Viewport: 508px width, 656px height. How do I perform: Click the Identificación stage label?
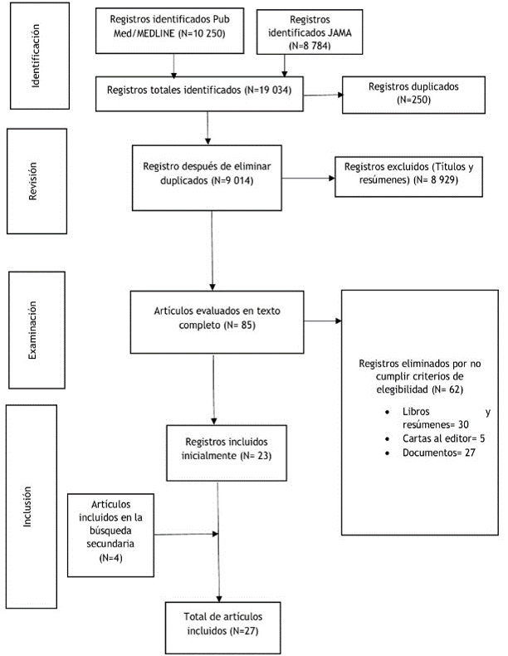tap(36, 56)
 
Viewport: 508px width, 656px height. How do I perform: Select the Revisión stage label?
tap(32, 181)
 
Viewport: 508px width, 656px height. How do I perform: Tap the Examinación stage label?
tap(32, 330)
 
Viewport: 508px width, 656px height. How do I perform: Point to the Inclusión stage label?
tap(27, 507)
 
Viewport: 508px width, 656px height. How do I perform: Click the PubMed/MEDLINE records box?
tap(170, 30)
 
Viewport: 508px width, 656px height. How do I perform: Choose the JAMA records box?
tap(310, 32)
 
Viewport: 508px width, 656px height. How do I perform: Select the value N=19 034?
tap(268, 90)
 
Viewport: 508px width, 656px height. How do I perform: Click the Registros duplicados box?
tap(413, 95)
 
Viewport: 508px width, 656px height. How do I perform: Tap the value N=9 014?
tap(232, 180)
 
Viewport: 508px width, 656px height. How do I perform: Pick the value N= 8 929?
tap(435, 180)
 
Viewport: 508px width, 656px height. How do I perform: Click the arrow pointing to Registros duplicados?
tap(323, 95)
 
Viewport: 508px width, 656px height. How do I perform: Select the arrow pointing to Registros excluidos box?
tap(308, 179)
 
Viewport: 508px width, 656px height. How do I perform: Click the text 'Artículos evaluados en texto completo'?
tap(217, 318)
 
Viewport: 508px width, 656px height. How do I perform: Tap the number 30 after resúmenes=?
tap(463, 424)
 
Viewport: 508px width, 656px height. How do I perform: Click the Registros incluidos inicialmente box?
tap(227, 453)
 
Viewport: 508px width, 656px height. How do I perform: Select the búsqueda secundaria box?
tap(110, 535)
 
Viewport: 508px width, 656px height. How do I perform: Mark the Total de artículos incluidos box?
tap(222, 628)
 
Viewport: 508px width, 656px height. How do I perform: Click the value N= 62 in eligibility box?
tap(447, 389)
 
